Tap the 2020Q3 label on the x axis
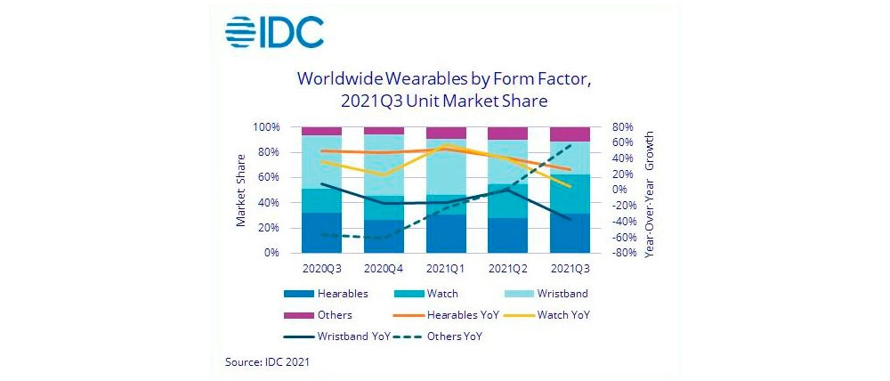click(320, 266)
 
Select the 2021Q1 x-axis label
click(445, 266)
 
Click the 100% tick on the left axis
click(266, 127)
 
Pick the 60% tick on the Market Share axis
click(268, 177)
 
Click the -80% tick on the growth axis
click(620, 253)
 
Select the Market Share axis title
click(241, 190)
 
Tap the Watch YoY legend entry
click(562, 314)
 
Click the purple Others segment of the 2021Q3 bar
click(569, 134)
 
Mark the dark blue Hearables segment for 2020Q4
click(383, 236)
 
